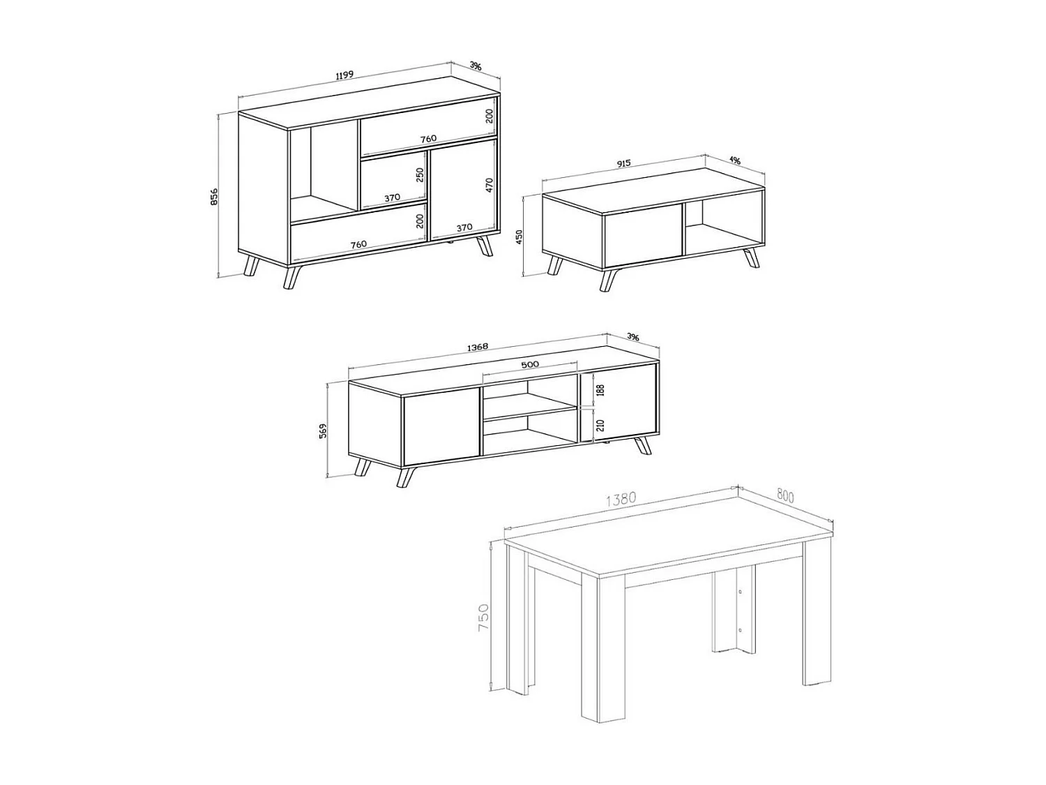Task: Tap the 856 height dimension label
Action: pyautogui.click(x=215, y=197)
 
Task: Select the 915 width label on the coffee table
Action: pyautogui.click(x=623, y=163)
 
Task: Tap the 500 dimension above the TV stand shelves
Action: pyautogui.click(x=529, y=364)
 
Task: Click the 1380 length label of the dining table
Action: pyautogui.click(x=621, y=500)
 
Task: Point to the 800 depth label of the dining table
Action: pyautogui.click(x=785, y=496)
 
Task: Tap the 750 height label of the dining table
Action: pyautogui.click(x=483, y=618)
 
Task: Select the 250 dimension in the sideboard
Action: pyautogui.click(x=419, y=174)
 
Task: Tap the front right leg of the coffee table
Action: pyautogui.click(x=752, y=257)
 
